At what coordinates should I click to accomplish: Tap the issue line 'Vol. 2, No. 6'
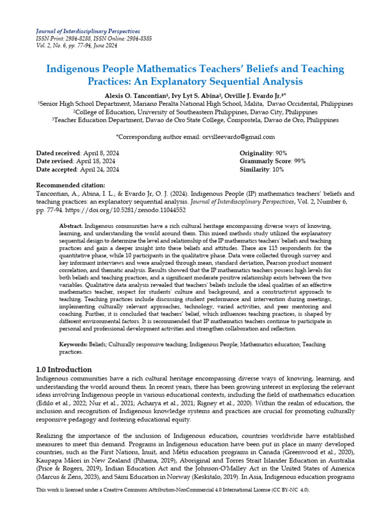pos(53,46)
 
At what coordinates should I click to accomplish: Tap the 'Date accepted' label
pos(57,169)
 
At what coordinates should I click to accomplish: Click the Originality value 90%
pos(281,153)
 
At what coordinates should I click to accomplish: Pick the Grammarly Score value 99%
pos(300,161)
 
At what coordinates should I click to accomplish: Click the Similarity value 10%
pos(277,169)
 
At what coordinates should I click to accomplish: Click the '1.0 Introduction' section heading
pos(64,369)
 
